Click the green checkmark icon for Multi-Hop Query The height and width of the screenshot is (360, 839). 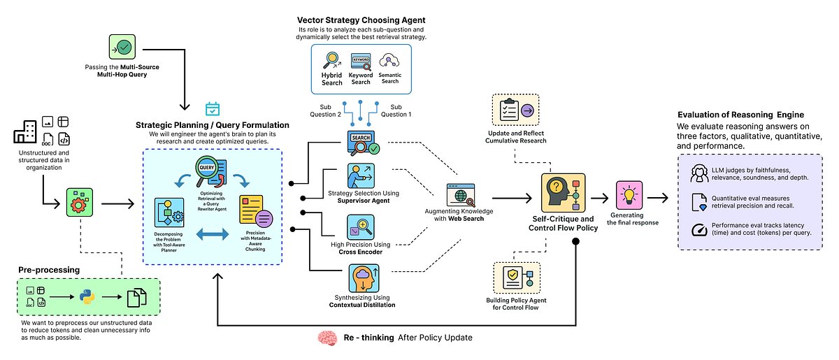point(123,48)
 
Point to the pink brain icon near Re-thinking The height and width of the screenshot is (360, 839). point(327,338)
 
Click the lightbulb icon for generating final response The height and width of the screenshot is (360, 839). point(629,195)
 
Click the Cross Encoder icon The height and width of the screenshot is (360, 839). point(361,226)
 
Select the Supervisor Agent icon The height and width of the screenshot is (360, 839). point(361,173)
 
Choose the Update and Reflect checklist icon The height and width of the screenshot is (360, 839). point(515,110)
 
